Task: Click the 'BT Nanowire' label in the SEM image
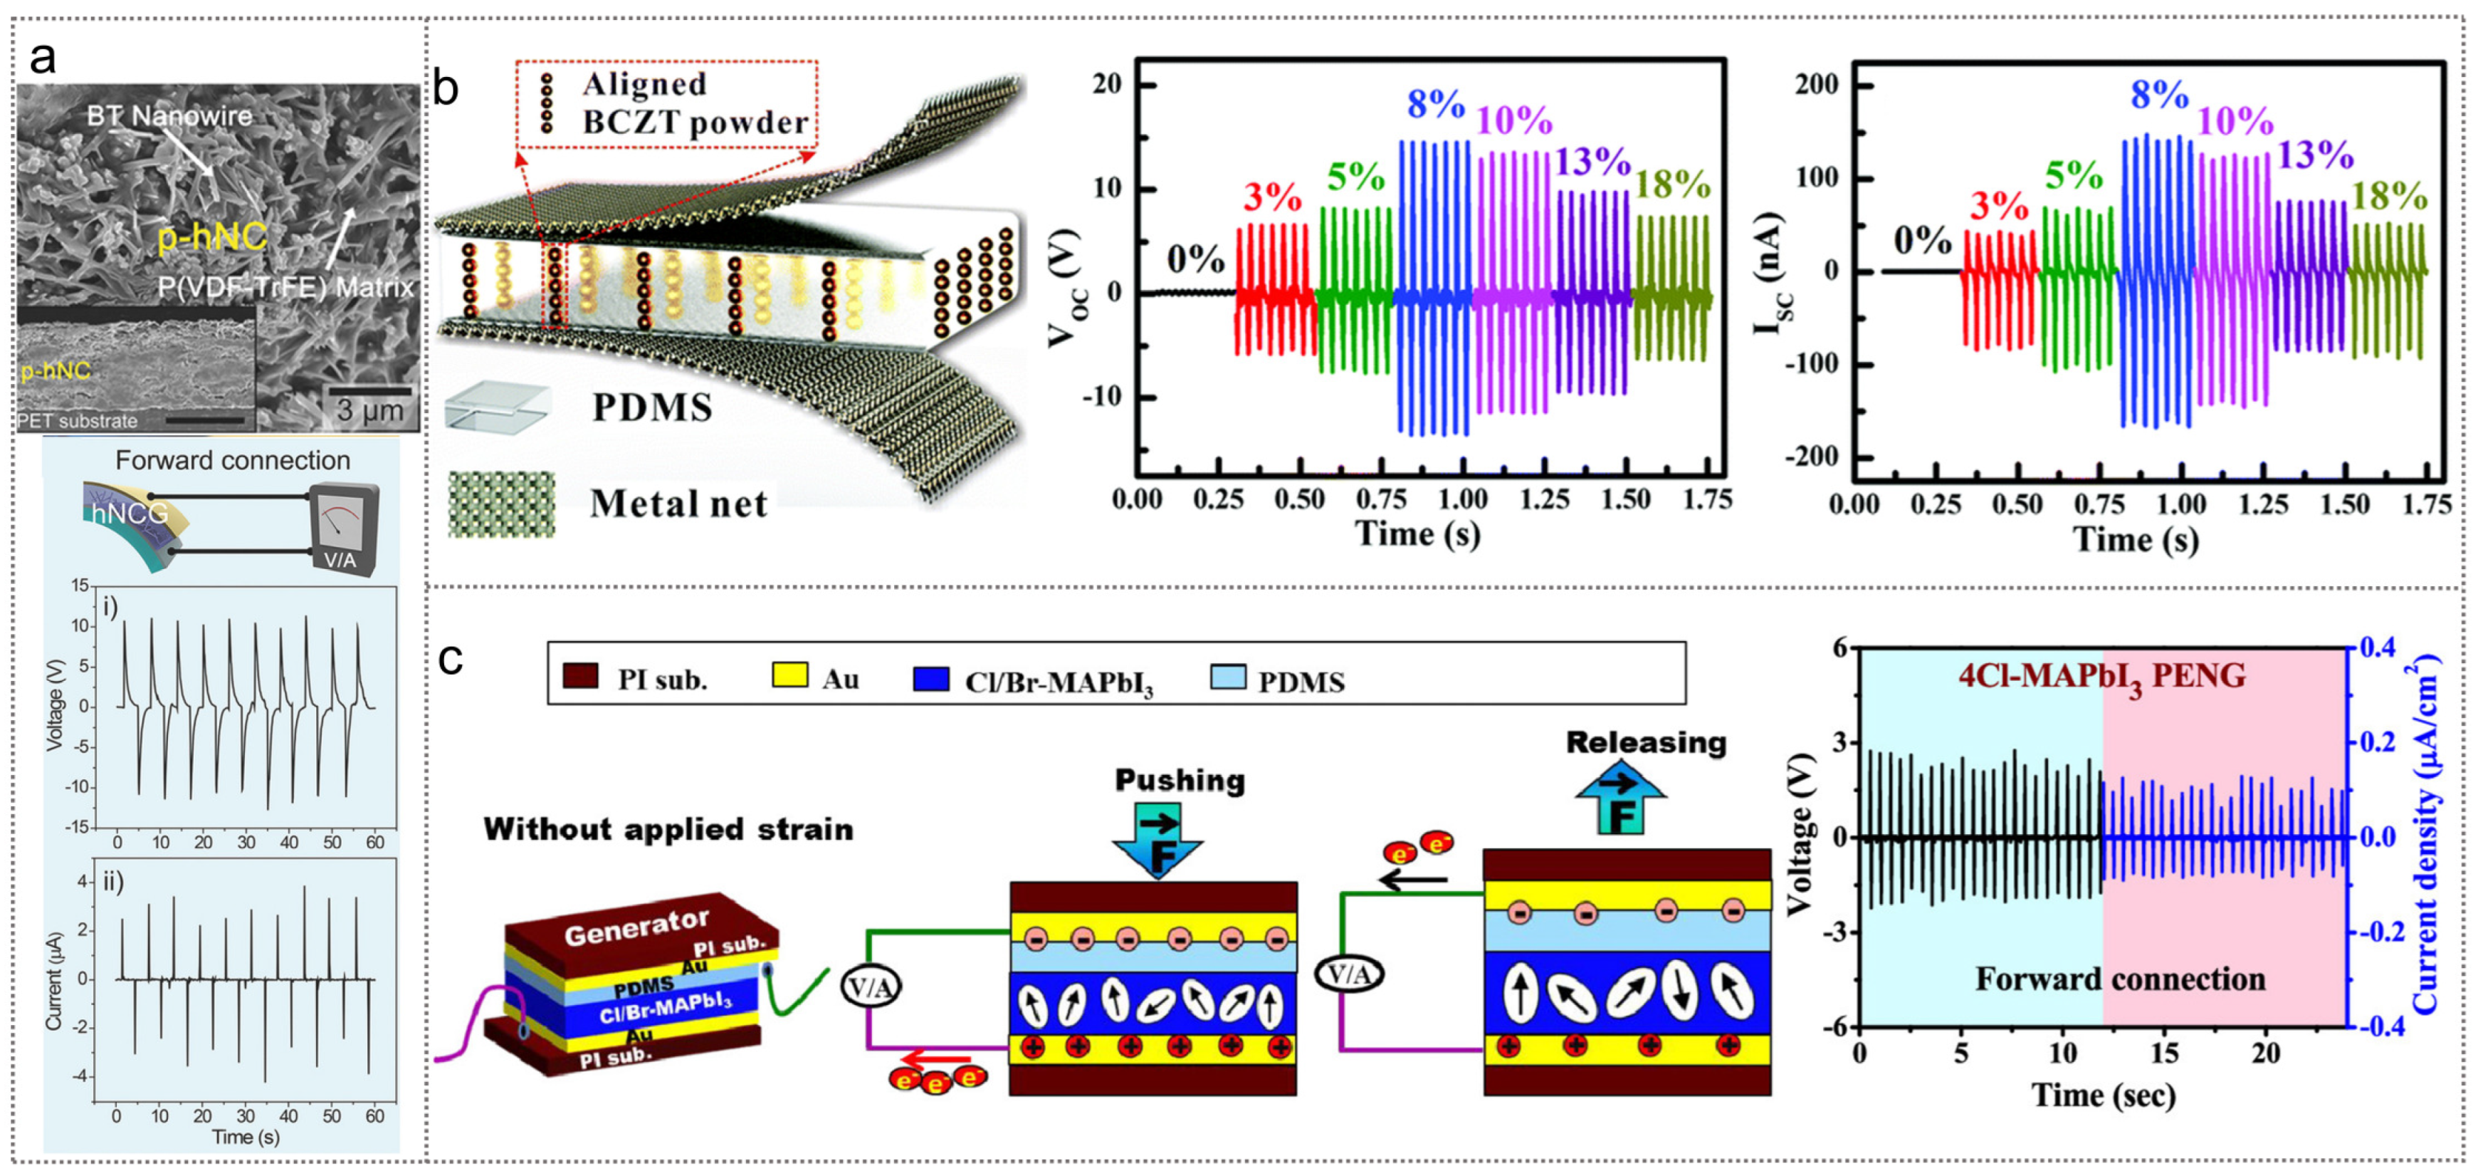point(169,116)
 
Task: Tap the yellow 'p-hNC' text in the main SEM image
point(211,236)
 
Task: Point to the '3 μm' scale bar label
point(369,411)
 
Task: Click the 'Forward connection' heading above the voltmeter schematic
point(233,461)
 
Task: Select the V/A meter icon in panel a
point(342,530)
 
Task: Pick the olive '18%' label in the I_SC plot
point(2390,197)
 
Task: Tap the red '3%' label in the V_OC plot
point(1271,197)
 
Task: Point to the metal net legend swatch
point(501,504)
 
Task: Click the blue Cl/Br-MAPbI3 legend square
point(931,678)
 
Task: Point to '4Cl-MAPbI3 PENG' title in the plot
point(2102,677)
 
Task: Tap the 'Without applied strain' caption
point(668,830)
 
